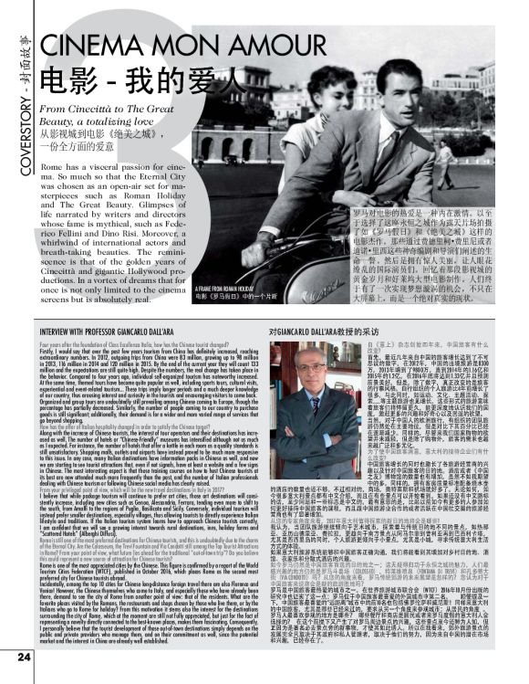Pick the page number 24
25,655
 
